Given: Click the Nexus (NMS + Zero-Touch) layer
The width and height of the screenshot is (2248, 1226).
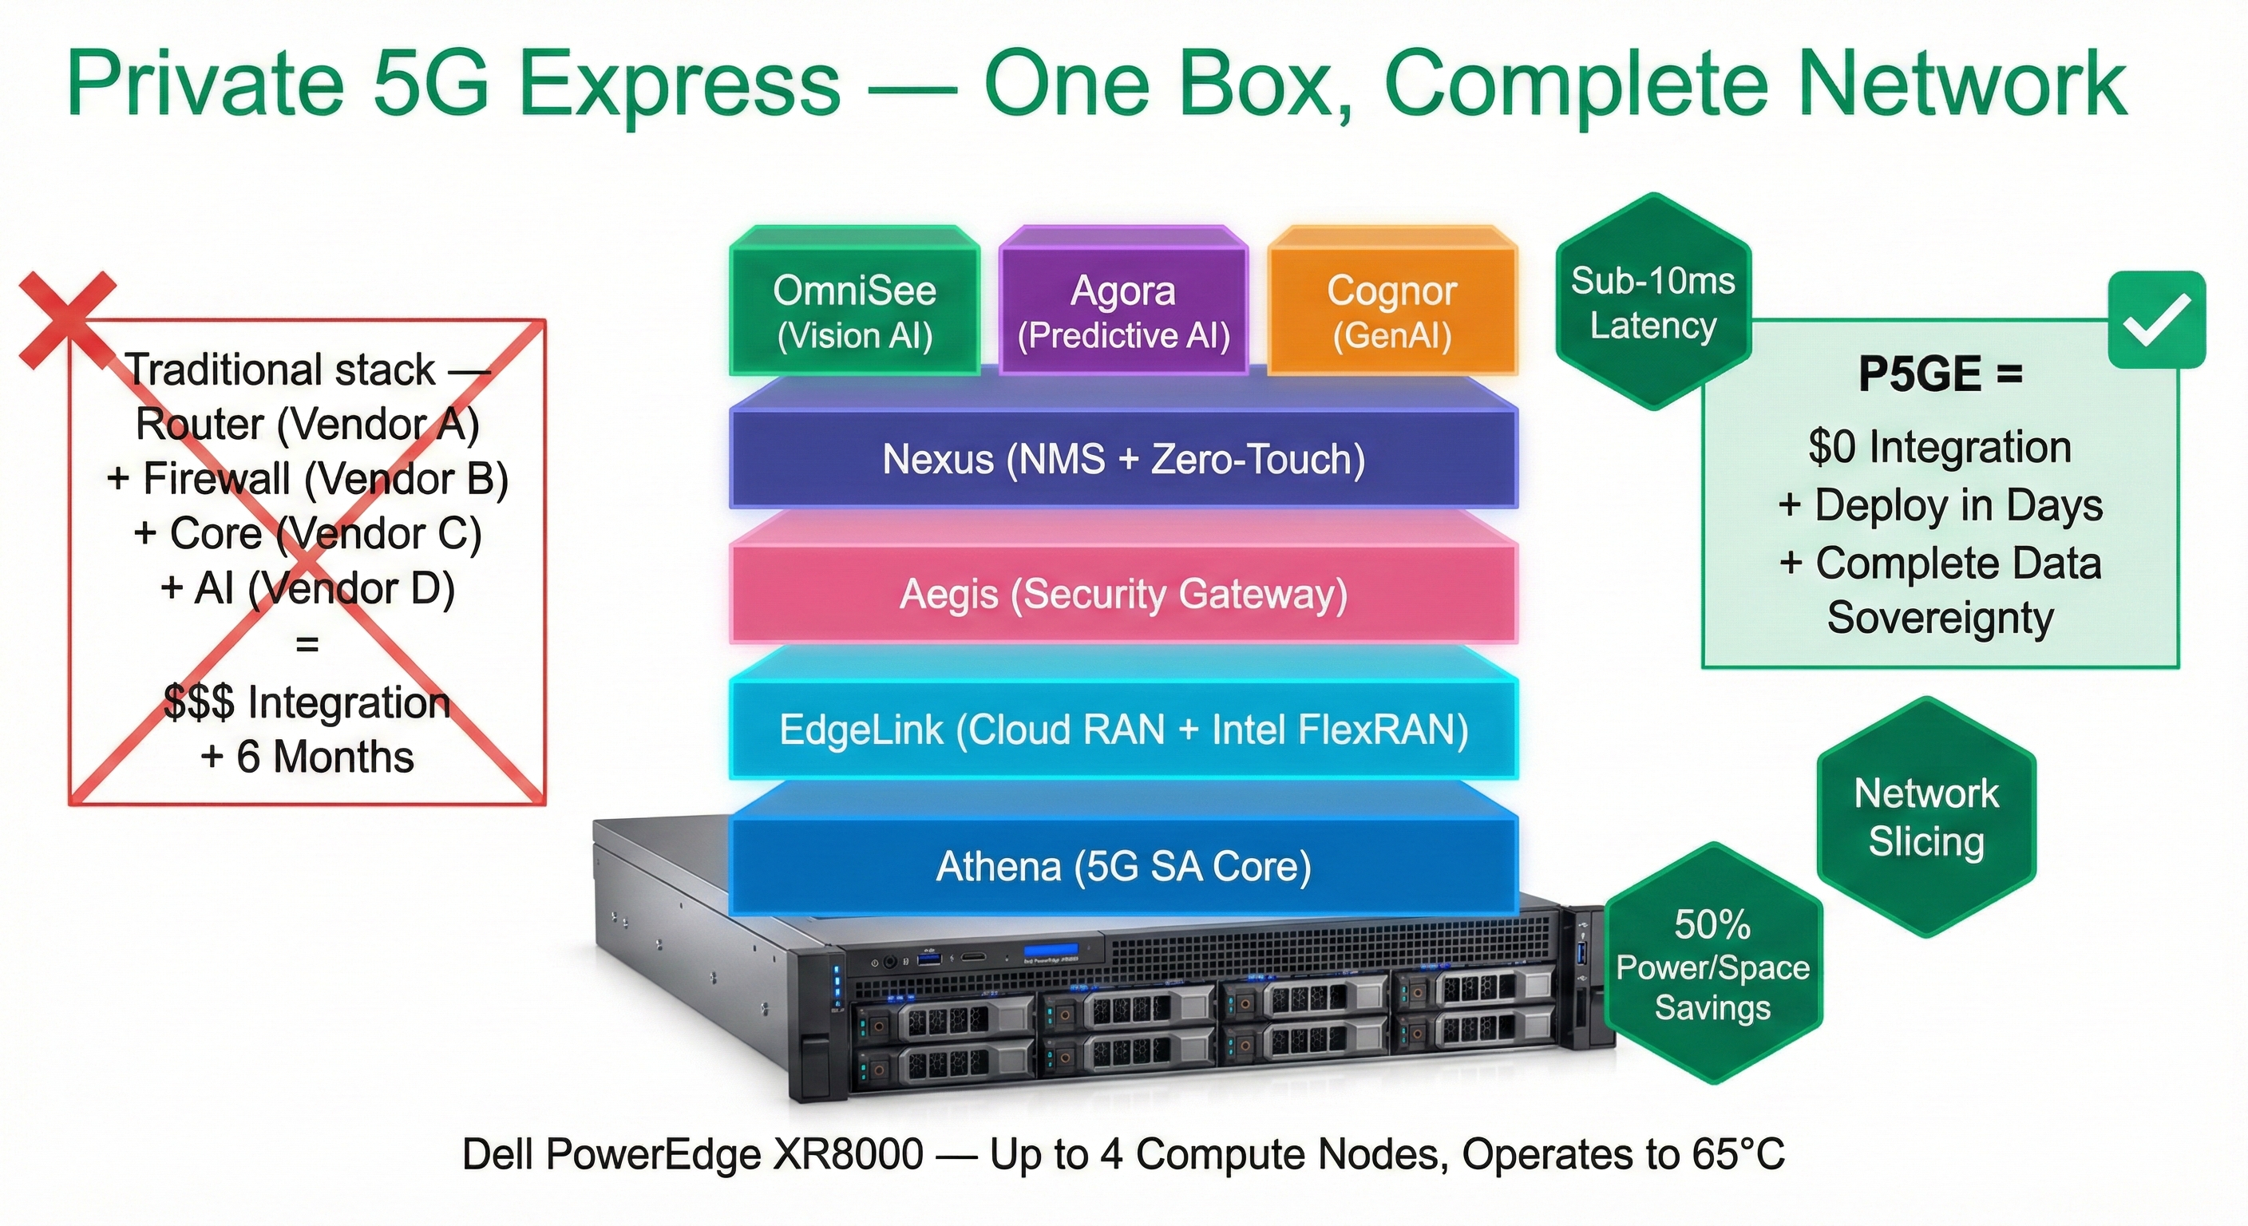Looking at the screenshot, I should pyautogui.click(x=1123, y=459).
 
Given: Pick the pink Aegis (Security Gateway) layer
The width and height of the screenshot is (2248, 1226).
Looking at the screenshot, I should pyautogui.click(x=1123, y=594).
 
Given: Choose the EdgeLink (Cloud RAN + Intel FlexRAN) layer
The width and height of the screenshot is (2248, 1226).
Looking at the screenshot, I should pyautogui.click(x=1123, y=730).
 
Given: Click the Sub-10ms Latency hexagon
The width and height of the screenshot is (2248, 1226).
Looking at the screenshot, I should pyautogui.click(x=1652, y=302).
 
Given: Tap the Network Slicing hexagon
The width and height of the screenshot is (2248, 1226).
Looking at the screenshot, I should pyautogui.click(x=1926, y=817).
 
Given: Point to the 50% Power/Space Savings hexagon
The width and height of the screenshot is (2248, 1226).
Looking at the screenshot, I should pyautogui.click(x=1712, y=964).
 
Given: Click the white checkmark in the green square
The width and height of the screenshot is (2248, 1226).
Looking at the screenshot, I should pyautogui.click(x=2155, y=319).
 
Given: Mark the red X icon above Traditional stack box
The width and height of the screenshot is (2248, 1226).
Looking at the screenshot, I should pyautogui.click(x=67, y=318).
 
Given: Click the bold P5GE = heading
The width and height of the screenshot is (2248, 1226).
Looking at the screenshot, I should pyautogui.click(x=1940, y=374).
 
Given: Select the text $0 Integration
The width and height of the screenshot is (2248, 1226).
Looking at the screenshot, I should pyautogui.click(x=1940, y=447).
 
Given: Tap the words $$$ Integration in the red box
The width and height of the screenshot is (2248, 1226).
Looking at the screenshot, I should pyautogui.click(x=307, y=702).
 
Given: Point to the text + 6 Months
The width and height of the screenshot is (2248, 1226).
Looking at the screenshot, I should pyautogui.click(x=307, y=757).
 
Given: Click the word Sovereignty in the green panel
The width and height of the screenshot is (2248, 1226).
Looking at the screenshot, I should pyautogui.click(x=1940, y=618).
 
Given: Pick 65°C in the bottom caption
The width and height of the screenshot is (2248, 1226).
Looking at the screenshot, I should pyautogui.click(x=1737, y=1154).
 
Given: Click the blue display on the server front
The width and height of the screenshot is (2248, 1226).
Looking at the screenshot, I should pyautogui.click(x=1051, y=951).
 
